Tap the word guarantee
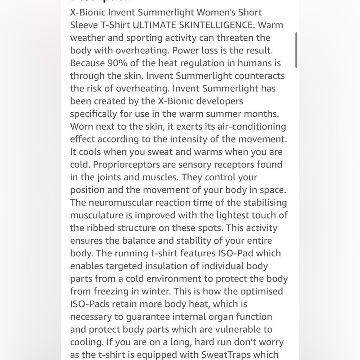(162, 317)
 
